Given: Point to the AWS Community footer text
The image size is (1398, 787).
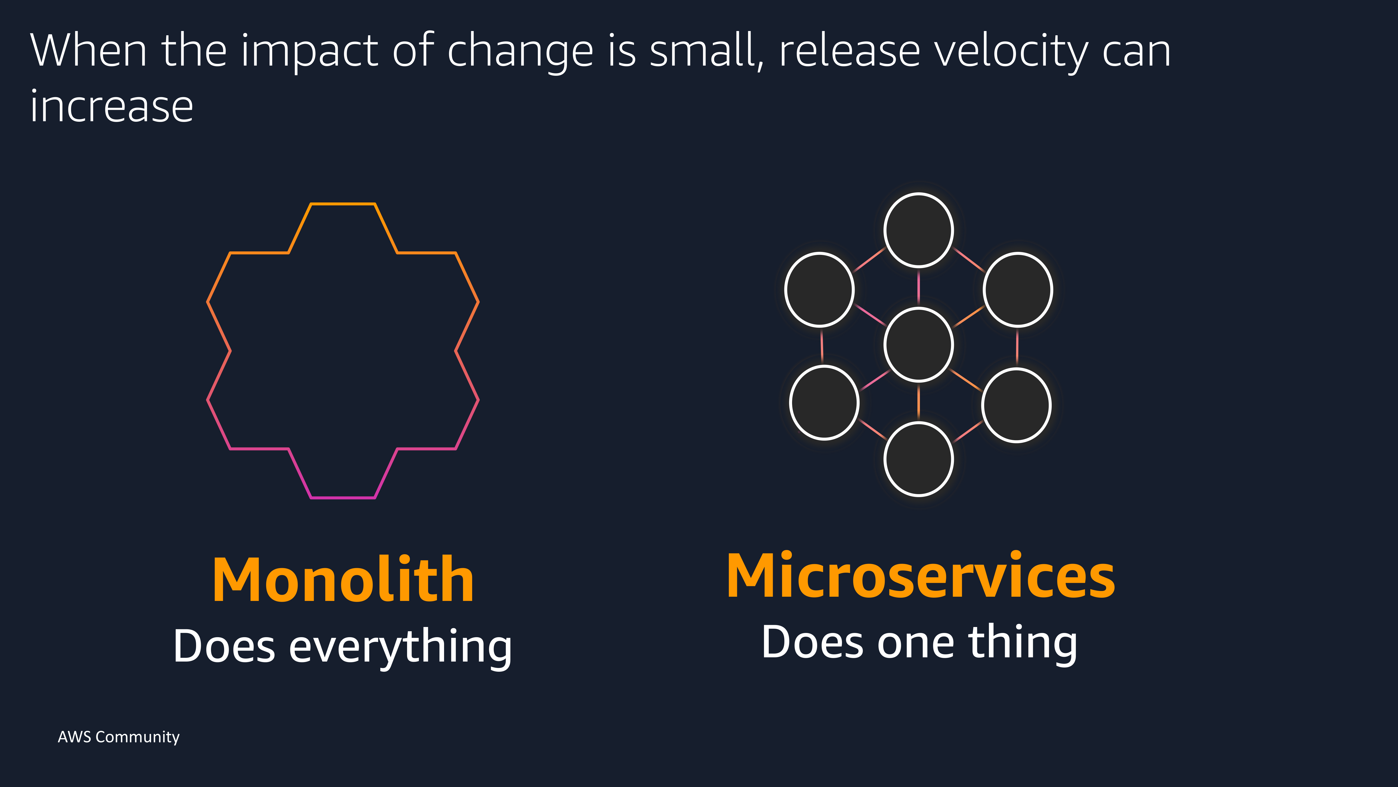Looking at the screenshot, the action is click(118, 737).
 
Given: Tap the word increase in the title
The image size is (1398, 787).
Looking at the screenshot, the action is click(112, 107).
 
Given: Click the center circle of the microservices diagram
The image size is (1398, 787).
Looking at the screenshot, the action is click(918, 344).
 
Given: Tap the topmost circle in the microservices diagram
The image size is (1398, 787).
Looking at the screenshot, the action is click(918, 230).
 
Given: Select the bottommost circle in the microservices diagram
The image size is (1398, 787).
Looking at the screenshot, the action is click(918, 459).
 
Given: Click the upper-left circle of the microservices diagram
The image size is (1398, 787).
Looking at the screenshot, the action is click(819, 289).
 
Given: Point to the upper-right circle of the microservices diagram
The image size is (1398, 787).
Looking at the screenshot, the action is click(1017, 289).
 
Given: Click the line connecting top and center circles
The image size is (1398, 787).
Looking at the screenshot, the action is click(918, 287).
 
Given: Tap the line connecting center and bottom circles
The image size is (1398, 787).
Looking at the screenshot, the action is click(918, 402).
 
